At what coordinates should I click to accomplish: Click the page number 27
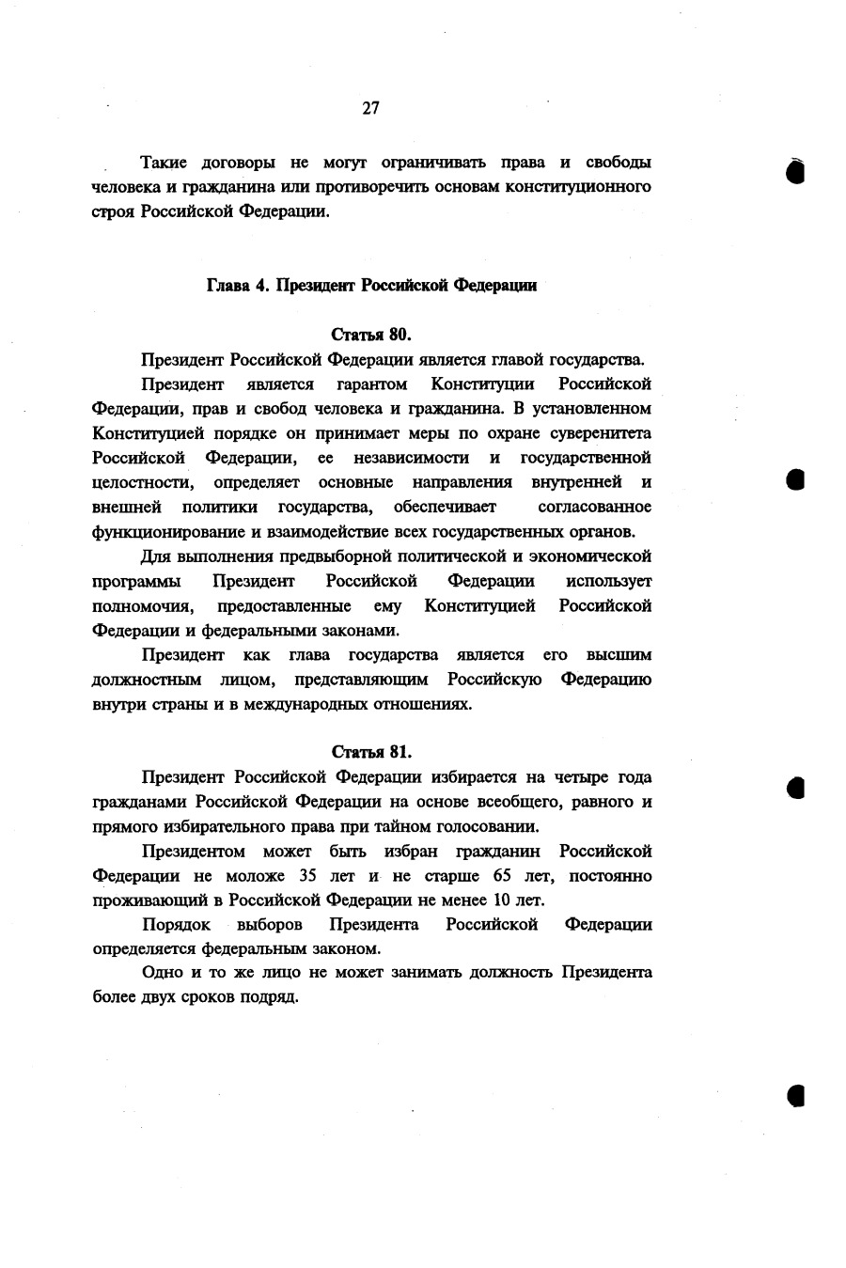click(x=370, y=108)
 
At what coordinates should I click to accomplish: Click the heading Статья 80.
click(x=372, y=335)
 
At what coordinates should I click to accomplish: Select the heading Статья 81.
click(x=372, y=753)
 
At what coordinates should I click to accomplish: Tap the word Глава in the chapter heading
click(x=227, y=286)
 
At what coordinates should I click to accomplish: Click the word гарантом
click(x=371, y=384)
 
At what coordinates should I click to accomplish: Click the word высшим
click(x=619, y=654)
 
